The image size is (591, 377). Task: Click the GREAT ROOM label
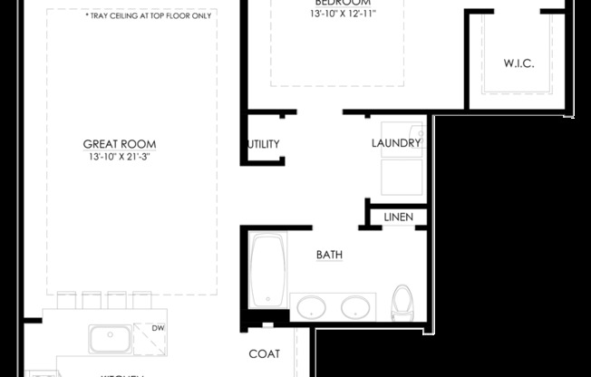click(120, 144)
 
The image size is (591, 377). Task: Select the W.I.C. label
click(518, 63)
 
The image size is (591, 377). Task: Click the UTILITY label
click(263, 144)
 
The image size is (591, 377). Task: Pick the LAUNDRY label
click(396, 144)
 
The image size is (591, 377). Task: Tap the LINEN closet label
click(399, 217)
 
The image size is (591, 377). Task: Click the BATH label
click(328, 255)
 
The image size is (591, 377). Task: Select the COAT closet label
click(264, 353)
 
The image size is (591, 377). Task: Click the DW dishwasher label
click(159, 329)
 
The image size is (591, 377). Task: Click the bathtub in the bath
click(267, 272)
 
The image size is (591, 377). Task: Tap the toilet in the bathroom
click(401, 303)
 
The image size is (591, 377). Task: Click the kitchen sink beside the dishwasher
click(109, 339)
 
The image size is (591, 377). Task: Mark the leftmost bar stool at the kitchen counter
click(67, 300)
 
